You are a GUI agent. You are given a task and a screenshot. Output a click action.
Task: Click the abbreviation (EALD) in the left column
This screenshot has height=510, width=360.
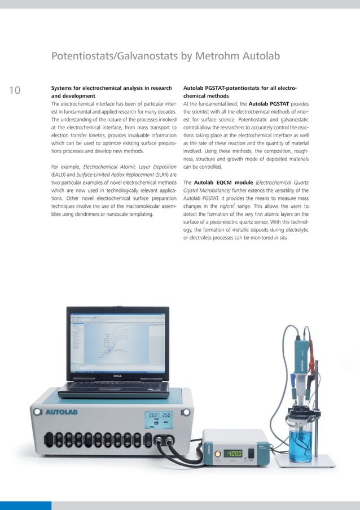pyautogui.click(x=60, y=175)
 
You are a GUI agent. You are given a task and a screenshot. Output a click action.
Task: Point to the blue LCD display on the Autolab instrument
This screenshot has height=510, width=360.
pyautogui.click(x=159, y=419)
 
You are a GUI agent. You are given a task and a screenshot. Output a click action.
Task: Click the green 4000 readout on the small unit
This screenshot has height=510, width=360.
pyautogui.click(x=233, y=453)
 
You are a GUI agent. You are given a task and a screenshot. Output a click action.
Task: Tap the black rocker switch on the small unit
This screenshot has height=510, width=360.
pyautogui.click(x=251, y=453)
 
